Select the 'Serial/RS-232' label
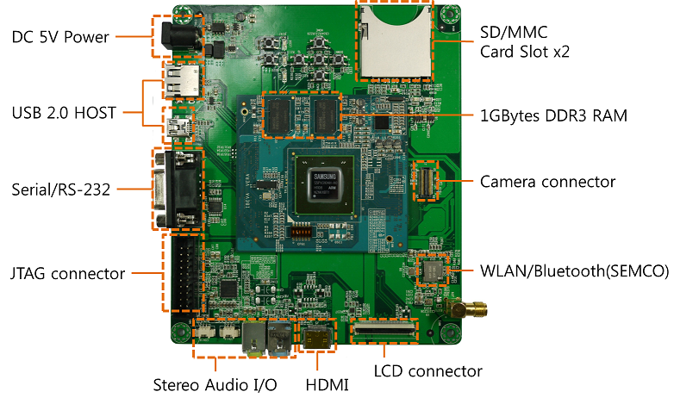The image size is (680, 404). pos(60,189)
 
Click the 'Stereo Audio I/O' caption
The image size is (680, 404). pos(215,384)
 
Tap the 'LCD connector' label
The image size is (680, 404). pos(427,371)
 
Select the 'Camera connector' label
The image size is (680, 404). pos(547,182)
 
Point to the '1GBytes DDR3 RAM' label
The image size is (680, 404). pos(552,115)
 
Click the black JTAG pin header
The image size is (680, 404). pos(182,276)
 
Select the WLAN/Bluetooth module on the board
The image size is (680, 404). pos(430,270)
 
